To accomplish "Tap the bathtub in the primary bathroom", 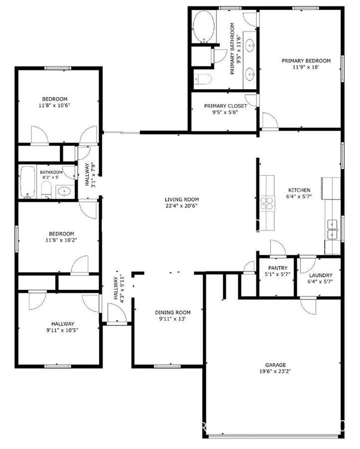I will coord(203,28).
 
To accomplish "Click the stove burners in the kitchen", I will coord(268,203).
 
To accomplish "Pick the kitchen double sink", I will coord(333,225).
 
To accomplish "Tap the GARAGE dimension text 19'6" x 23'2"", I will coord(275,371).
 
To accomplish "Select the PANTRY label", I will coord(277,268).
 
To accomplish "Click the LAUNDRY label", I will coord(320,275).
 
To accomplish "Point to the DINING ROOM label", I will coord(172,313).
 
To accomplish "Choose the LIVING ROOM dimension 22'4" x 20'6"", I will coord(181,206).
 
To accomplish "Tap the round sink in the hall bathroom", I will coord(65,191).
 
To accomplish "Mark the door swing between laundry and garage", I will coord(308,304).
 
